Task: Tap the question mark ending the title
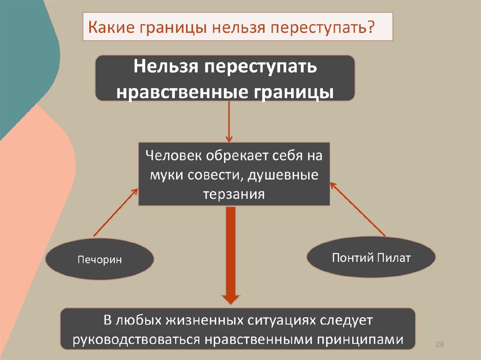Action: (371, 28)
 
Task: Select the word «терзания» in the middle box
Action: (234, 194)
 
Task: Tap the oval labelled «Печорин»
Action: (100, 259)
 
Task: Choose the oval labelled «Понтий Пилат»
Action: (371, 258)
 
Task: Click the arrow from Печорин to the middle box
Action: (115, 211)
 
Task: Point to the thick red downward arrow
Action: (231, 253)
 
